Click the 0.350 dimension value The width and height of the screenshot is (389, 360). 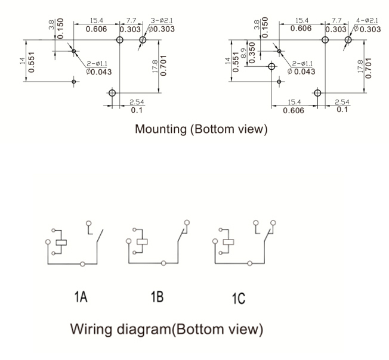tap(252, 53)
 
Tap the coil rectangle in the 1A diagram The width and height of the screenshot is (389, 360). tap(60, 242)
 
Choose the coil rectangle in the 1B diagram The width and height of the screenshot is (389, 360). tap(141, 242)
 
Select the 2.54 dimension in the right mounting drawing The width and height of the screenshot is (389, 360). tap(342, 103)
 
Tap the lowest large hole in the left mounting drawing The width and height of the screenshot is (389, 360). tap(112, 93)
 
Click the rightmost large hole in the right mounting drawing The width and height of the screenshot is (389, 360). tap(348, 40)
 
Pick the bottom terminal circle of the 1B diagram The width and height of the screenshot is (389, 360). tap(164, 263)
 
